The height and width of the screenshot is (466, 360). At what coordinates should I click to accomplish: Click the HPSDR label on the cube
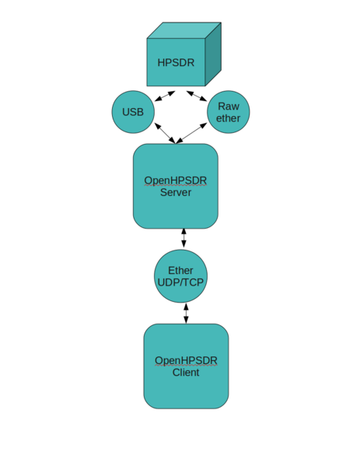(x=176, y=63)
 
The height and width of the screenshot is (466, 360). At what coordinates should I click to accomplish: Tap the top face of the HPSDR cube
(x=184, y=30)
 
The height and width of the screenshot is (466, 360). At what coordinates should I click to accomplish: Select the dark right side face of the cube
(x=213, y=54)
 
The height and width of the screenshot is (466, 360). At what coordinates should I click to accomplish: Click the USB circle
(x=133, y=112)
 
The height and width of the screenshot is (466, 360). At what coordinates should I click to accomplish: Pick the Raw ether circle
(x=228, y=112)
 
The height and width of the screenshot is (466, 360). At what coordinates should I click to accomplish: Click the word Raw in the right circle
(x=228, y=106)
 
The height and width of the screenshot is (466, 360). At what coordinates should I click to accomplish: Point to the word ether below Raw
(x=228, y=118)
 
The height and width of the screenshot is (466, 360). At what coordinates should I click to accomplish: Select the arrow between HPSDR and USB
(x=165, y=96)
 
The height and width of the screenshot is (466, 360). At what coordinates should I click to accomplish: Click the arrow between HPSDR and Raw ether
(x=197, y=96)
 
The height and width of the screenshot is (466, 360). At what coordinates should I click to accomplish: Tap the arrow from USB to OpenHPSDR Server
(x=164, y=133)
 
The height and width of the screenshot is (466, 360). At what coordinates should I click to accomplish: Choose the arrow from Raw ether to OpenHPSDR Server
(x=192, y=133)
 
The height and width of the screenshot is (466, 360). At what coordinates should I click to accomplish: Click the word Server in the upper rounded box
(x=176, y=193)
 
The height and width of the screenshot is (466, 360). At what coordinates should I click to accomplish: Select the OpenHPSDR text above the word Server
(x=176, y=180)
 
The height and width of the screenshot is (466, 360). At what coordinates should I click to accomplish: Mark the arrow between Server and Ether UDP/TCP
(x=183, y=238)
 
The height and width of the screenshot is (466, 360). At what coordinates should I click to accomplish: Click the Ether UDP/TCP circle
(x=180, y=276)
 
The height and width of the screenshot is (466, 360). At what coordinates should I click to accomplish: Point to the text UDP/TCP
(x=180, y=282)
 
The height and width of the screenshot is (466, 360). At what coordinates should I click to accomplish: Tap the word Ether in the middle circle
(x=180, y=270)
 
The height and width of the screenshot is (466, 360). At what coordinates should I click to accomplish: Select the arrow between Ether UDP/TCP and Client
(x=186, y=313)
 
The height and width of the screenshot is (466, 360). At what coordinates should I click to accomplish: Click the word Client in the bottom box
(x=186, y=373)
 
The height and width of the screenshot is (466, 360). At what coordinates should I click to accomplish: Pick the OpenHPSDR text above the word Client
(x=186, y=360)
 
